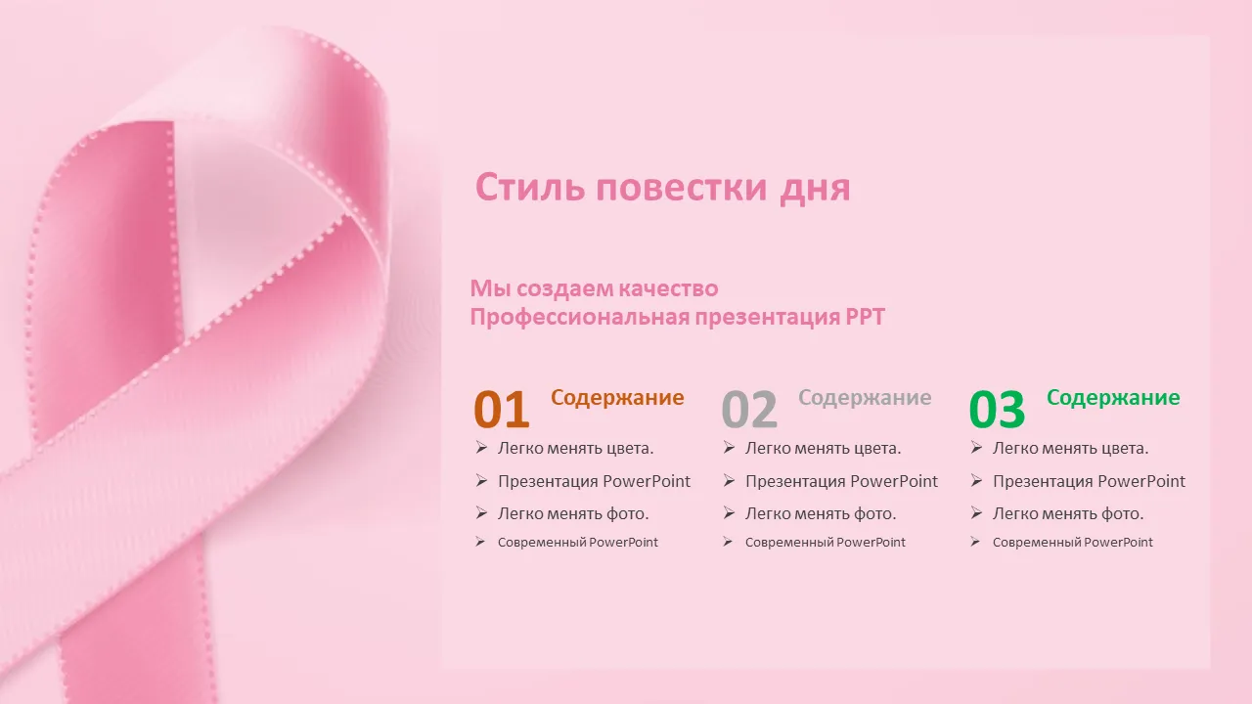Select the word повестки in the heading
pyautogui.click(x=682, y=189)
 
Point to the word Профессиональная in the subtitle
pyautogui.click(x=580, y=318)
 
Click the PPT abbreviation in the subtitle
pyautogui.click(x=866, y=318)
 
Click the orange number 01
pyautogui.click(x=502, y=410)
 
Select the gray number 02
pyautogui.click(x=749, y=410)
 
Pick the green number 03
pyautogui.click(x=997, y=410)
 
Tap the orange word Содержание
pyautogui.click(x=617, y=398)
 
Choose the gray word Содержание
pyautogui.click(x=866, y=398)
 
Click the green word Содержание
pyautogui.click(x=1113, y=398)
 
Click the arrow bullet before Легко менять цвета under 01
pyautogui.click(x=481, y=447)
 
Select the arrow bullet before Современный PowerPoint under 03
pyautogui.click(x=975, y=542)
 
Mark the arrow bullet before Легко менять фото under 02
pyautogui.click(x=729, y=512)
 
